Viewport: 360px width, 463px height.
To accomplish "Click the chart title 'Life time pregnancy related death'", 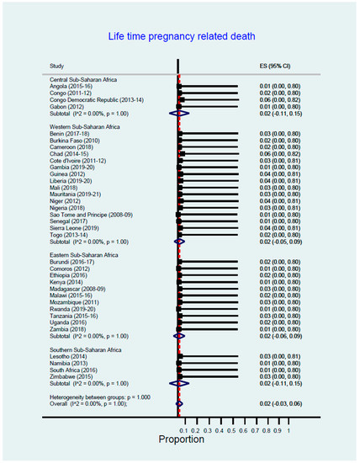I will (179, 37).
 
